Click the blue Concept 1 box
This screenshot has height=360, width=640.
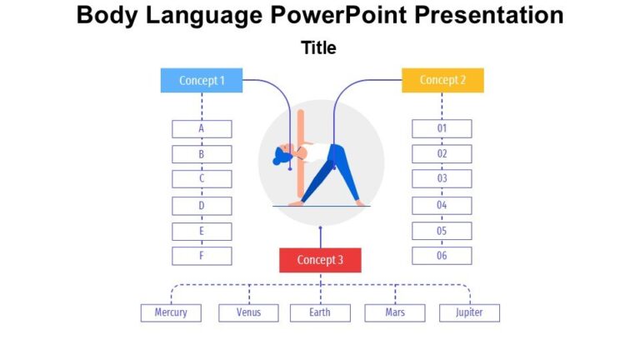click(x=202, y=81)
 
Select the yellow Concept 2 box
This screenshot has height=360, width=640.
click(x=442, y=81)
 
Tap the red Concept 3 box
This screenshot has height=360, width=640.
click(x=320, y=260)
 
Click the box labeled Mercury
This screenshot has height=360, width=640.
click(x=171, y=312)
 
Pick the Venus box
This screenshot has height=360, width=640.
click(x=248, y=312)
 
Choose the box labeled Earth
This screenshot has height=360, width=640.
click(x=320, y=312)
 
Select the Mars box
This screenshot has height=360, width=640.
click(x=395, y=312)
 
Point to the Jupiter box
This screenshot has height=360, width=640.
click(x=469, y=312)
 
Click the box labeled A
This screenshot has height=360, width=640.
click(x=202, y=129)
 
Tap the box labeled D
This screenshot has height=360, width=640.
click(x=202, y=205)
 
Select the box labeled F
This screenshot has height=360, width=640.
click(x=202, y=256)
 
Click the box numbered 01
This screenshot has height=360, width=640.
click(x=442, y=129)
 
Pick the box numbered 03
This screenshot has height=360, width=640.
click(x=442, y=178)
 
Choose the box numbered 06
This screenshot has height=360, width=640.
click(x=442, y=256)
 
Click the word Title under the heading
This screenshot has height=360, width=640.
click(x=319, y=48)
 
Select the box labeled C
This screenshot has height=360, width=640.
click(x=202, y=178)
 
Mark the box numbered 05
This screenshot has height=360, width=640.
click(x=442, y=231)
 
